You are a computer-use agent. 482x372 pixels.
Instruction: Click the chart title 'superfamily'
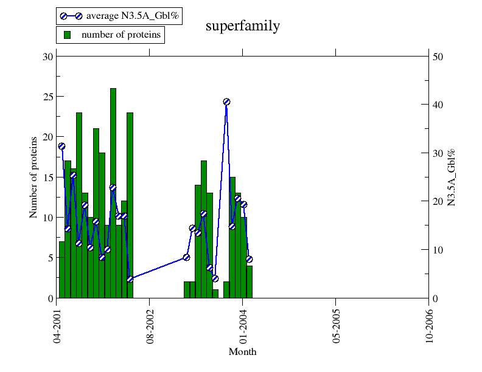pyautogui.click(x=243, y=26)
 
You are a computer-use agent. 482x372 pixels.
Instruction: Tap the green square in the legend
pyautogui.click(x=68, y=35)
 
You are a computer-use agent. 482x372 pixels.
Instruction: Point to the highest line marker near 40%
pyautogui.click(x=226, y=102)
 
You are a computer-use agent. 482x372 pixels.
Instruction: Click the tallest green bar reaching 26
pyautogui.click(x=113, y=182)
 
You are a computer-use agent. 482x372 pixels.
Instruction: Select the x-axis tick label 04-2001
pyautogui.click(x=57, y=325)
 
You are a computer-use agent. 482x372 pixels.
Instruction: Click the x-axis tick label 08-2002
pyautogui.click(x=150, y=325)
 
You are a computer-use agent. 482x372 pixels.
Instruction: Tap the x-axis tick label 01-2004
pyautogui.click(x=243, y=325)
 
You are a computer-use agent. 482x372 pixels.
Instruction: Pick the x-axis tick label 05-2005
pyautogui.click(x=336, y=325)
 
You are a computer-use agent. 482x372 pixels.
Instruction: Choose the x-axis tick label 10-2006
pyautogui.click(x=429, y=325)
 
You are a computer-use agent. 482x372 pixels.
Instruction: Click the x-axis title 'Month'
pyautogui.click(x=242, y=352)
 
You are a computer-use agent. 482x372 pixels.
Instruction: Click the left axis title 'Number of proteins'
pyautogui.click(x=33, y=177)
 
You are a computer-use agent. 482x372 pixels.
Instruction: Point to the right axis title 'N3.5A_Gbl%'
pyautogui.click(x=452, y=177)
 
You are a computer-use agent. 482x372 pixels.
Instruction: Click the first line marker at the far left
pyautogui.click(x=61, y=146)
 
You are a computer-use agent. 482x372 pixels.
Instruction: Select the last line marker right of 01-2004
pyautogui.click(x=249, y=260)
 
